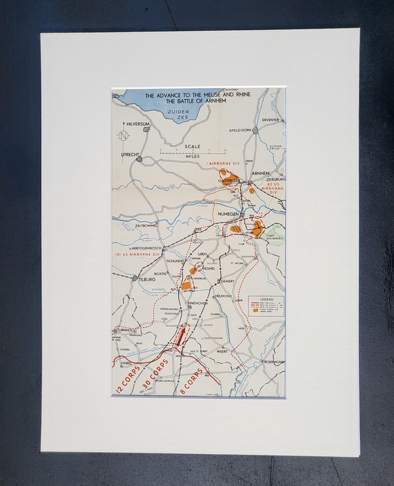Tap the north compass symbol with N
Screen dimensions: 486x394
pos(124,135)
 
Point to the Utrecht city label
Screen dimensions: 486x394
pos(129,154)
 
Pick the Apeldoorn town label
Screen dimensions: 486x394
pos(240,131)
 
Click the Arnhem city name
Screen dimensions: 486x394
pos(261,174)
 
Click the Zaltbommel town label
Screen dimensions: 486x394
pos(147,225)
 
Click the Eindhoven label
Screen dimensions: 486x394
pos(198,303)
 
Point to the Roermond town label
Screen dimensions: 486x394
pos(273,362)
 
